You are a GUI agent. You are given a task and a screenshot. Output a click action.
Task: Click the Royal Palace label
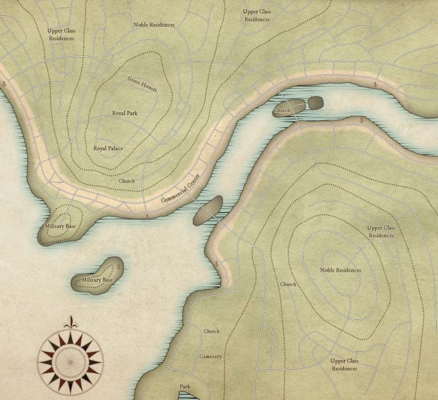pos(108,148)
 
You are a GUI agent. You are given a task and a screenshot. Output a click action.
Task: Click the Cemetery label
pos(210,357)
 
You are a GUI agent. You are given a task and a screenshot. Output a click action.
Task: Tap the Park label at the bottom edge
pos(185,387)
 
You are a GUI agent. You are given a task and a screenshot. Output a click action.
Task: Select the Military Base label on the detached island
pos(97,279)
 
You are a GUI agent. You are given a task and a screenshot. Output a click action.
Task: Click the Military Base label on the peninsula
pos(59,228)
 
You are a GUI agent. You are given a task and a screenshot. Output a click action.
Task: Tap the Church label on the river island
pos(282,110)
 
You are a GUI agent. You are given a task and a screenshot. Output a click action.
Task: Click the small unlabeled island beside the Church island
pos(315,102)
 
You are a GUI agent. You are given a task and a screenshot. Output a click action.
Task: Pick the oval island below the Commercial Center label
pos(208,210)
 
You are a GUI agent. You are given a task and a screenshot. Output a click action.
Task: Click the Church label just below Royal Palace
pos(127,181)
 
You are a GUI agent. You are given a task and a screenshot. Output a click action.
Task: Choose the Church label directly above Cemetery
pos(211,331)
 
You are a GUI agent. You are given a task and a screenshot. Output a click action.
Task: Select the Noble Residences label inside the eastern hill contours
pos(341,270)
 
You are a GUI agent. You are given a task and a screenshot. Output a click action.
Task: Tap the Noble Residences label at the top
pos(154,25)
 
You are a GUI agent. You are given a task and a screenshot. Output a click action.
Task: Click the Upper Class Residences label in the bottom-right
pos(345,365)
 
